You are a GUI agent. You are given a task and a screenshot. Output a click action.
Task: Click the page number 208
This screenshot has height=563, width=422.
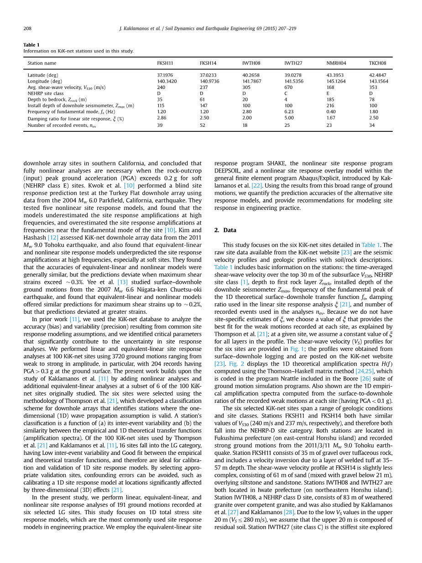(x=27, y=28)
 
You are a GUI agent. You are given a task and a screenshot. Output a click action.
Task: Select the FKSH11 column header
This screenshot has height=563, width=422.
(x=165, y=63)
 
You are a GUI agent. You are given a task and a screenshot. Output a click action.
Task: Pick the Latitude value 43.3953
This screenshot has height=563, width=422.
(x=335, y=75)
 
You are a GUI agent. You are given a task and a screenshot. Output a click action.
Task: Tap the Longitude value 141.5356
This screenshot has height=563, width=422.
(x=293, y=81)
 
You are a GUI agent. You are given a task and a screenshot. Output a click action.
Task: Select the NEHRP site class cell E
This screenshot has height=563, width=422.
(x=328, y=93)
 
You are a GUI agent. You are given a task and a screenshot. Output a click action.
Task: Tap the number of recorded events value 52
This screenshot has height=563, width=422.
(x=203, y=125)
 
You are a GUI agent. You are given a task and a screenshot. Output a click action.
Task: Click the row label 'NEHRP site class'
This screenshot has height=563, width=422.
(x=46, y=93)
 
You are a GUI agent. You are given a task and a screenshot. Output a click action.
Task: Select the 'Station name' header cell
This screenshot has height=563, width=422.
(x=42, y=63)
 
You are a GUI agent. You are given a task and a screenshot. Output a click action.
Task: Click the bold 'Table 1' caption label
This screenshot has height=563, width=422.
(x=31, y=45)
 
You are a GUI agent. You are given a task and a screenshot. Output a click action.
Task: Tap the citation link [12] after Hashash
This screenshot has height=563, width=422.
(x=53, y=238)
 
